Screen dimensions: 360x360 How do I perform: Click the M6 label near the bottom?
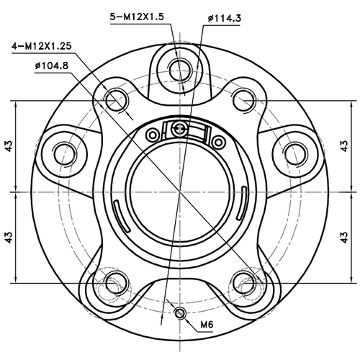[x=207, y=325]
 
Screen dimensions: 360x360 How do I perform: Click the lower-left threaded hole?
[x=112, y=282]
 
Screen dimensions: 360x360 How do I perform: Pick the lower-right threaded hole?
[x=246, y=282]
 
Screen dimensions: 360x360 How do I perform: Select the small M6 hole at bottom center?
[x=179, y=312]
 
